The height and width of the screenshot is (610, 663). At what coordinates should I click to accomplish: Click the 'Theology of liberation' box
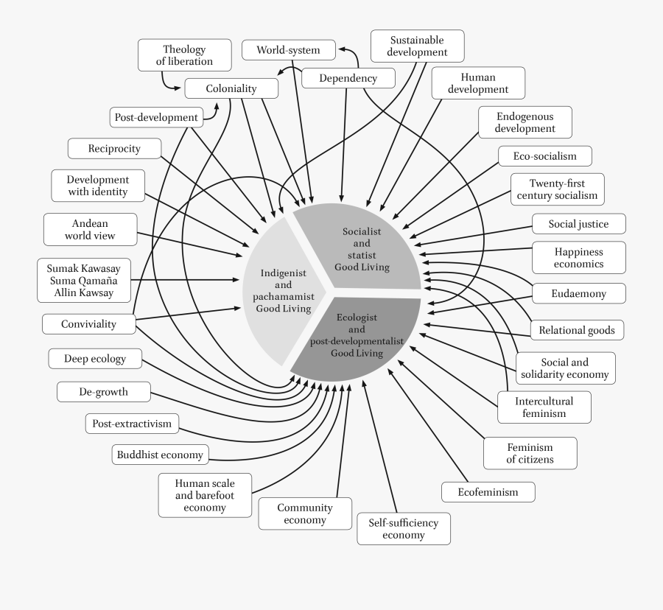[x=184, y=56]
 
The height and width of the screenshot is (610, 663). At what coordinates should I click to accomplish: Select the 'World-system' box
[x=289, y=50]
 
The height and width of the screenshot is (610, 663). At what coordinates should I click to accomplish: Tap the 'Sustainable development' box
[x=418, y=46]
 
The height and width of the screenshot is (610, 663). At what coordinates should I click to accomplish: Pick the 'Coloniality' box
[x=231, y=88]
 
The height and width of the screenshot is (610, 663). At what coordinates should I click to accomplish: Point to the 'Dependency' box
[x=348, y=78]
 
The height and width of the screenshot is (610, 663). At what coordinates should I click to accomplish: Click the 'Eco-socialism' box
[x=544, y=156]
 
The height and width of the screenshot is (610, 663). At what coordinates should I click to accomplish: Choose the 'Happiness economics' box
[x=579, y=258]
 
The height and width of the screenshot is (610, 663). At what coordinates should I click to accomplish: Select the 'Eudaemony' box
[x=578, y=293]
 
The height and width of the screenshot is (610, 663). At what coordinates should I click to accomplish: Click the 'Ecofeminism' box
[x=488, y=491]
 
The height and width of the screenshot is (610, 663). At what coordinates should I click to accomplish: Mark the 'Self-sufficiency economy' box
[x=403, y=528]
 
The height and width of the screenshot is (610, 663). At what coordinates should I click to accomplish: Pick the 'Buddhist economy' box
[x=160, y=455]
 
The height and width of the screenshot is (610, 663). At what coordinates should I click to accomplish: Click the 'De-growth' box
[x=103, y=392]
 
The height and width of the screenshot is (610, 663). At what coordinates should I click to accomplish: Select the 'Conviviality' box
[x=88, y=324]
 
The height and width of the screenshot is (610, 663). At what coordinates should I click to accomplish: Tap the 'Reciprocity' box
[x=114, y=149]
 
